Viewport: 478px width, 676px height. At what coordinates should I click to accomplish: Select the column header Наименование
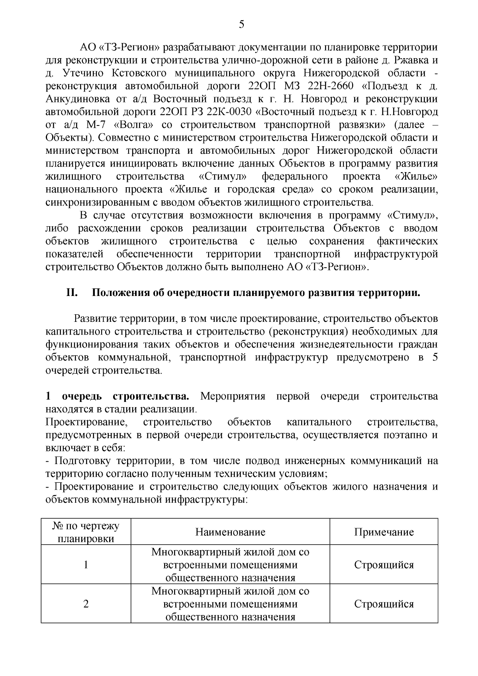[230, 532]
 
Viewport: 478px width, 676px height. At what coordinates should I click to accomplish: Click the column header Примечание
[384, 532]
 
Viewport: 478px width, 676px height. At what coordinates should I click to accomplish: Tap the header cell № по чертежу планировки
[86, 532]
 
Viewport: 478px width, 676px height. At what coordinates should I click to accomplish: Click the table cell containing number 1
[86, 565]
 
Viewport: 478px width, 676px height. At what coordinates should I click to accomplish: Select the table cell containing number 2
[86, 604]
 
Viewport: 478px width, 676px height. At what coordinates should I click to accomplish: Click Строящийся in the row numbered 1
[384, 565]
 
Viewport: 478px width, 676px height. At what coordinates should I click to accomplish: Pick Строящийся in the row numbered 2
[384, 604]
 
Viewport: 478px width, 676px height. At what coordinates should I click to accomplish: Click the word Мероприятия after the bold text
[233, 396]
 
